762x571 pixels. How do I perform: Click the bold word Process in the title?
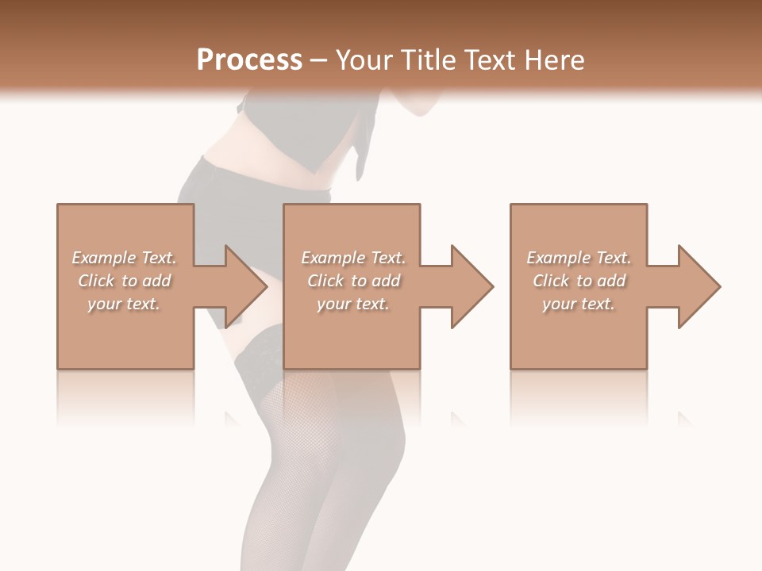pyautogui.click(x=249, y=60)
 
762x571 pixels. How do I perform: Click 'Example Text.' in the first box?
pyautogui.click(x=124, y=258)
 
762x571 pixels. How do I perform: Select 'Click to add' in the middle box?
pyautogui.click(x=353, y=281)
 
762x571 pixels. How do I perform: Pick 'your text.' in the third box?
pyautogui.click(x=578, y=304)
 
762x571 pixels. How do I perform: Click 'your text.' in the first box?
pyautogui.click(x=124, y=304)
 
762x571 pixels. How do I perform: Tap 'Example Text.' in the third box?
pyautogui.click(x=578, y=258)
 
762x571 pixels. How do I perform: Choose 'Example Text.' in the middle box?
pyautogui.click(x=353, y=258)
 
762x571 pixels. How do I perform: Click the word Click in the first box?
pyautogui.click(x=96, y=281)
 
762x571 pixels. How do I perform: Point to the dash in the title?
pyautogui.click(x=319, y=60)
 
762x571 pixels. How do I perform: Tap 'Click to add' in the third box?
pyautogui.click(x=578, y=281)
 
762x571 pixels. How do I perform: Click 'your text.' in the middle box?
pyautogui.click(x=353, y=304)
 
